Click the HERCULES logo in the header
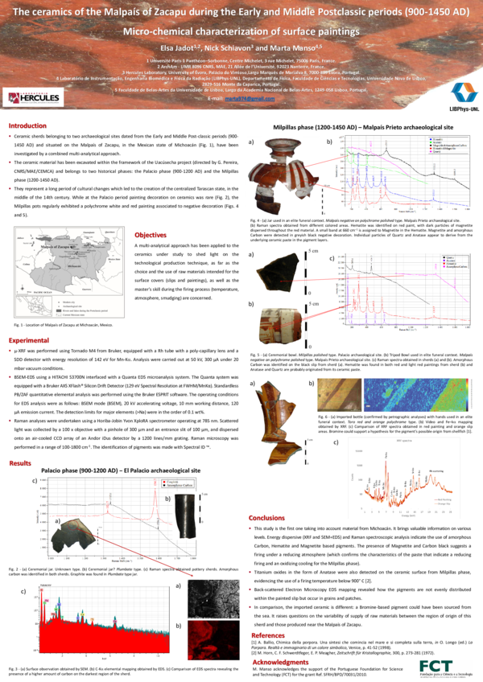pos(34,98)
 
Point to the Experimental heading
pos(28,341)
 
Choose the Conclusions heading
pos(267,518)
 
